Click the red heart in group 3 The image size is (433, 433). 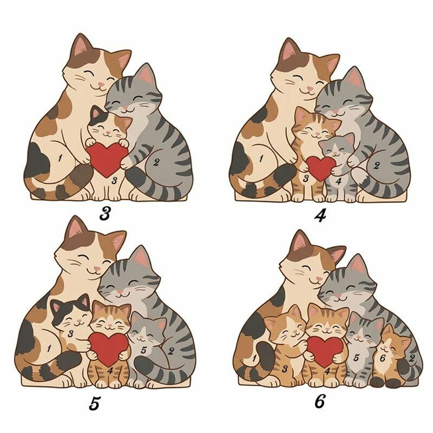[106, 159]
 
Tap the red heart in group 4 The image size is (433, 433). [320, 168]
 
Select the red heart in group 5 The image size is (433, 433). [109, 349]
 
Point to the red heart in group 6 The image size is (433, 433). [324, 351]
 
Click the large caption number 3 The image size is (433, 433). [105, 213]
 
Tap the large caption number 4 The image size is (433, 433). [320, 215]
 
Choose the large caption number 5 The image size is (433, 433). [94, 403]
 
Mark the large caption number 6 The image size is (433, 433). [320, 401]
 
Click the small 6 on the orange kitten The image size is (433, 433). [382, 358]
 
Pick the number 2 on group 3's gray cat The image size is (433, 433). [156, 162]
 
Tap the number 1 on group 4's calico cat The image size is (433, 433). [261, 159]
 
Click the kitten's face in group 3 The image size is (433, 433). [108, 129]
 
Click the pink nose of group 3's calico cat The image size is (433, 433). [101, 84]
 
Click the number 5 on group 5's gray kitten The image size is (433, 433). [143, 350]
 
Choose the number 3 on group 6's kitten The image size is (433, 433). [285, 369]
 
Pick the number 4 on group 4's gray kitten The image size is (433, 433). [339, 181]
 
